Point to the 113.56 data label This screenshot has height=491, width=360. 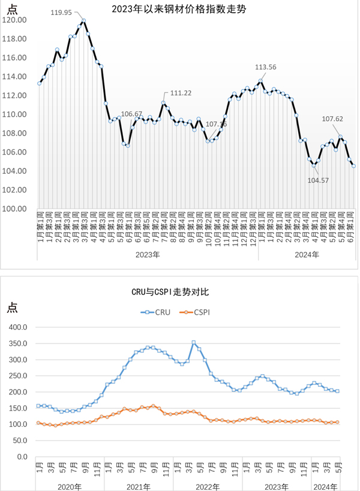tap(265, 67)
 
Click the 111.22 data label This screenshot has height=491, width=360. tap(181, 93)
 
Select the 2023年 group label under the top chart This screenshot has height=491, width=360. tap(148, 254)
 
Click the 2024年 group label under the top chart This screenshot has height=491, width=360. tap(307, 254)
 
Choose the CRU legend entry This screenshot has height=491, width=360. tap(157, 312)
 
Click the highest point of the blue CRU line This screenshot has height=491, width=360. tap(193, 342)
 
